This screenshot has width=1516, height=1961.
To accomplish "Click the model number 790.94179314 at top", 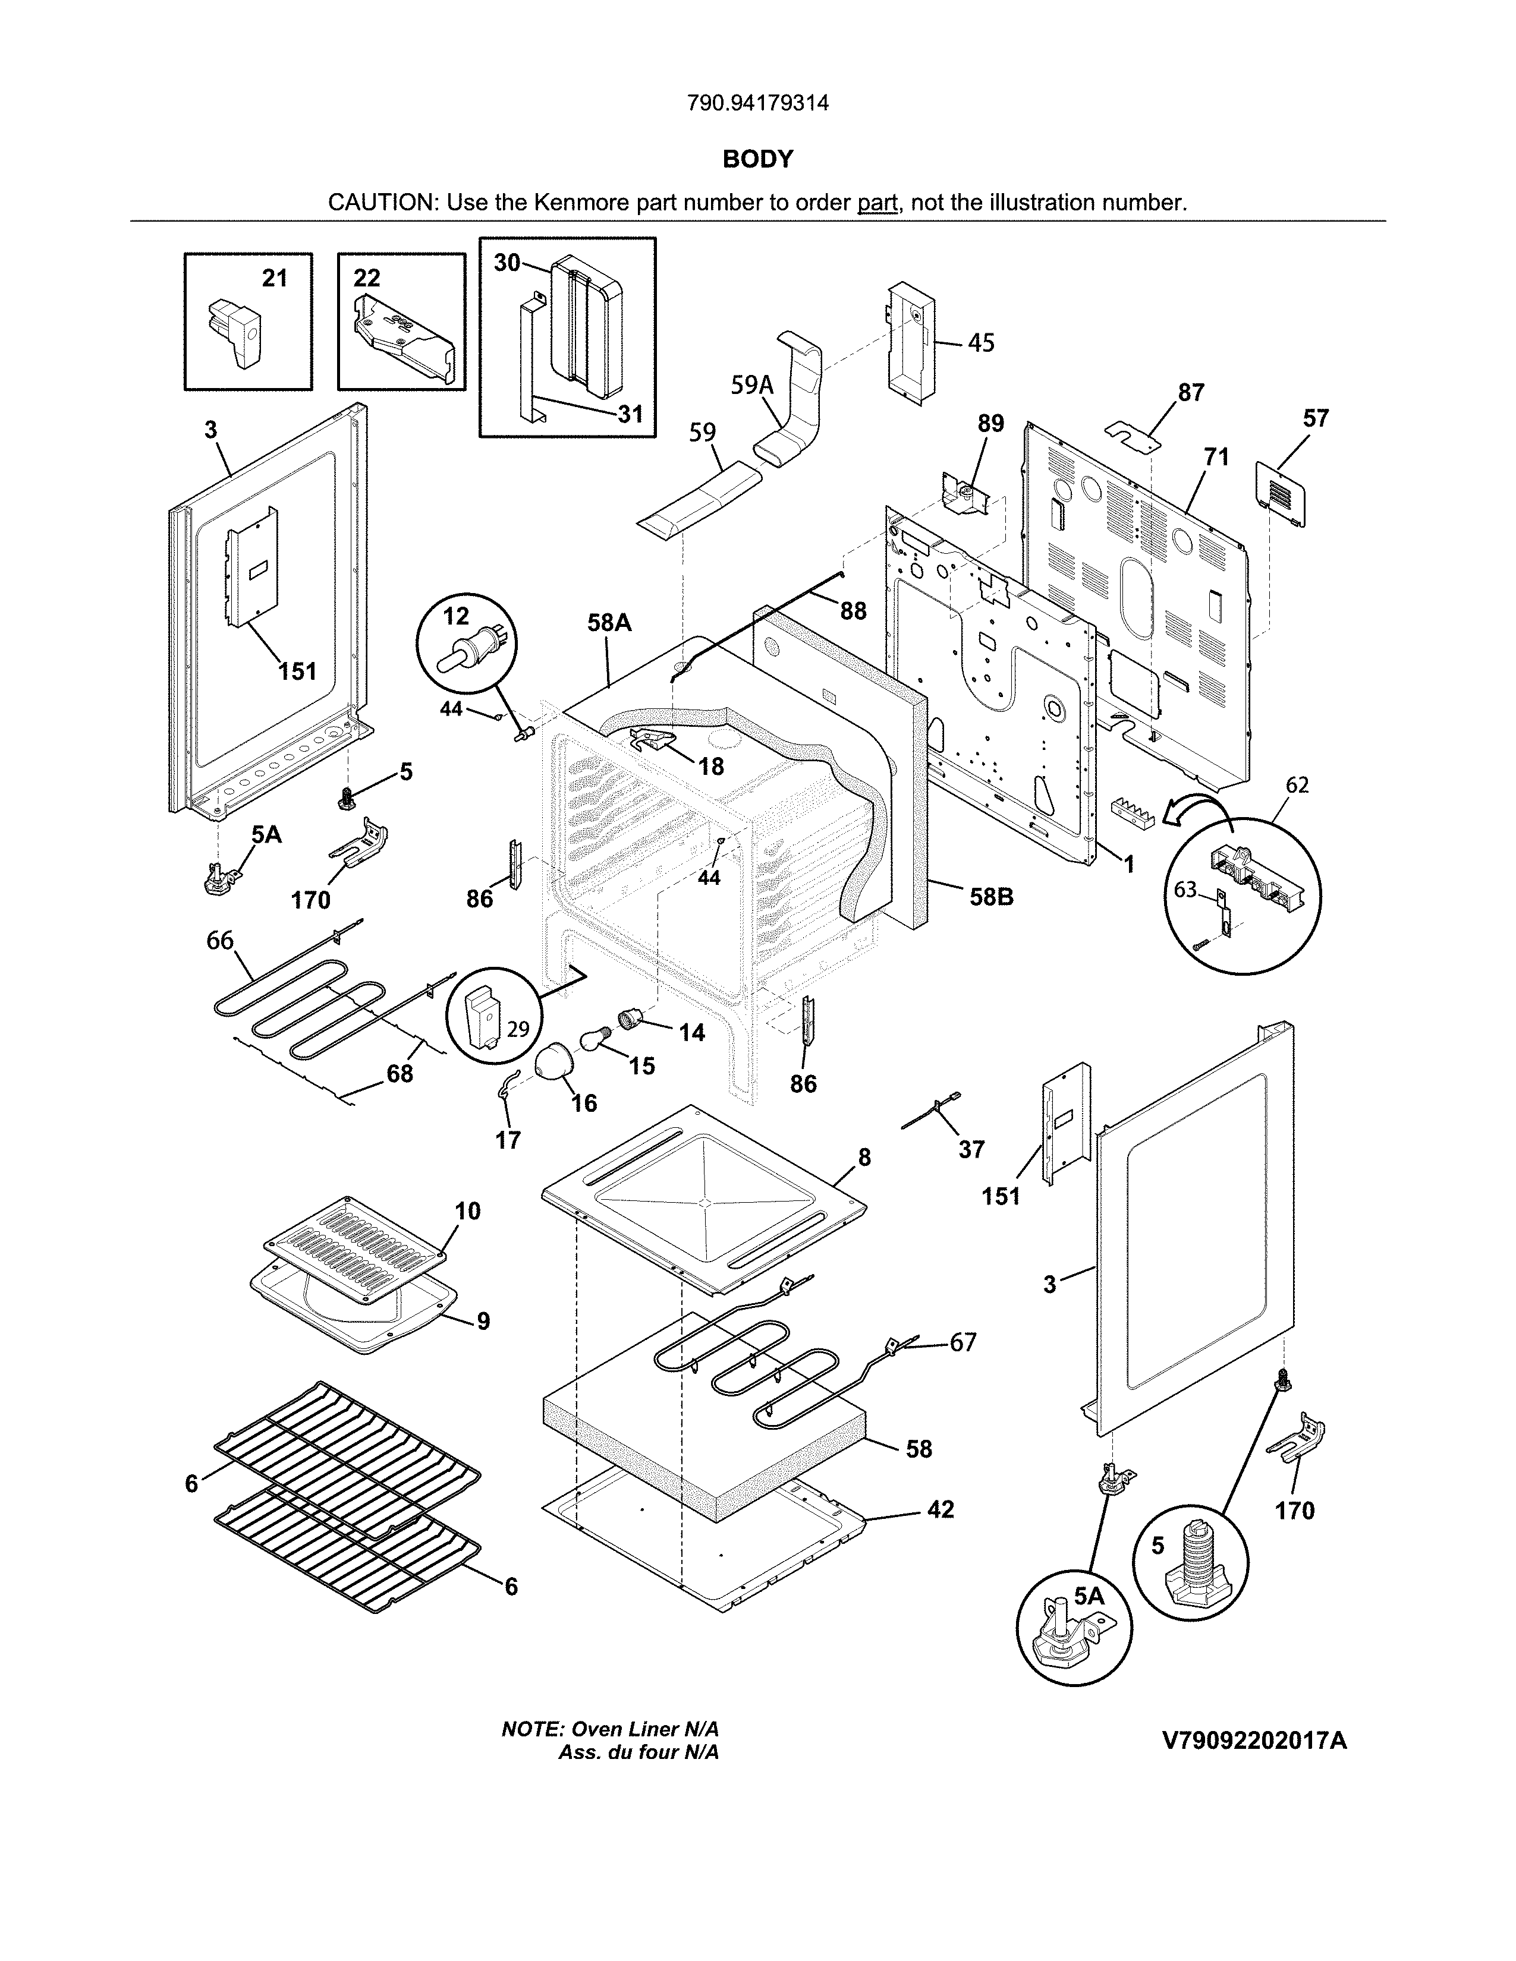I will tap(757, 103).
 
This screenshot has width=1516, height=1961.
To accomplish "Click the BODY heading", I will tap(757, 159).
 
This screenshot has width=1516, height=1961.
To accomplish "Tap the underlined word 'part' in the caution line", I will tap(877, 203).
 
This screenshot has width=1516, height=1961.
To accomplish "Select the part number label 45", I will tap(982, 343).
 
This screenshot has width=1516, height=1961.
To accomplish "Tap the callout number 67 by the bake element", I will tap(963, 1367).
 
